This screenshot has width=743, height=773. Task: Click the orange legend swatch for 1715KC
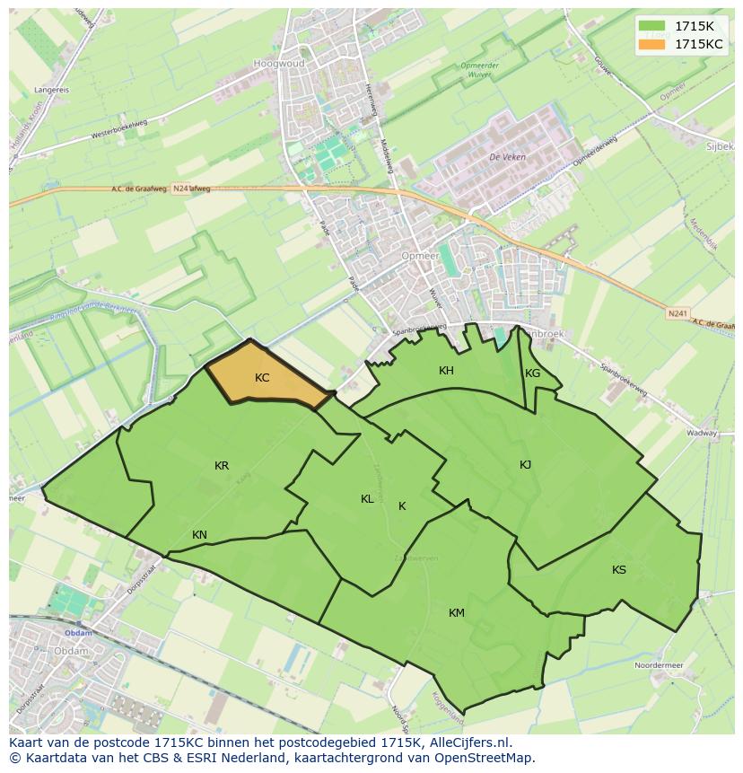pyautogui.click(x=652, y=44)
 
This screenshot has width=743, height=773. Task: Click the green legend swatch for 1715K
pyautogui.click(x=652, y=26)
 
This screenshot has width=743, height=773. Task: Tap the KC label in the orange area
pyautogui.click(x=262, y=378)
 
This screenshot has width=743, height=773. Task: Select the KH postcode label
pyautogui.click(x=446, y=371)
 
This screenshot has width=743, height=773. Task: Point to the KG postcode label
pyautogui.click(x=533, y=373)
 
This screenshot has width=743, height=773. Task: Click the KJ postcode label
pyautogui.click(x=525, y=464)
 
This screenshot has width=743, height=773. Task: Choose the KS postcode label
pyautogui.click(x=619, y=570)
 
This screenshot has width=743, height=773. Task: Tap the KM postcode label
pyautogui.click(x=457, y=613)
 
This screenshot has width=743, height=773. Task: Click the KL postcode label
pyautogui.click(x=367, y=499)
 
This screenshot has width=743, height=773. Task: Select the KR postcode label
pyautogui.click(x=222, y=466)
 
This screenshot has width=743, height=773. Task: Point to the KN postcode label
pyautogui.click(x=199, y=535)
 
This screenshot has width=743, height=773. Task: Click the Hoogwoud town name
pyautogui.click(x=279, y=65)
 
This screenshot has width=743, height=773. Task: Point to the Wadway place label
pyautogui.click(x=703, y=432)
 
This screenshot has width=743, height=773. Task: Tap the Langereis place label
pyautogui.click(x=51, y=90)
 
